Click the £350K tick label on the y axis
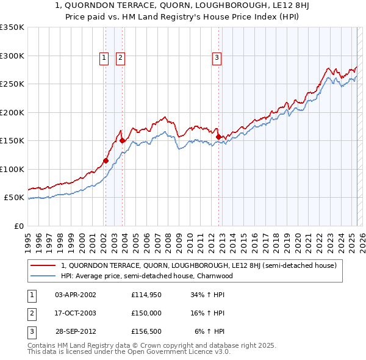click(12, 27)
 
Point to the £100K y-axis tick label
click(12, 169)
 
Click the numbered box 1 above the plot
click(104, 58)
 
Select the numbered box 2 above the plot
click(120, 58)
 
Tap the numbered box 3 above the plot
click(217, 58)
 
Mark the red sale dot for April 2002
click(106, 161)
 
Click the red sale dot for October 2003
click(122, 141)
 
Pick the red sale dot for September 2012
click(218, 137)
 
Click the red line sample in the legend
click(43, 265)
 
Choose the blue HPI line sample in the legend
click(43, 276)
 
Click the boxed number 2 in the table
click(31, 313)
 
